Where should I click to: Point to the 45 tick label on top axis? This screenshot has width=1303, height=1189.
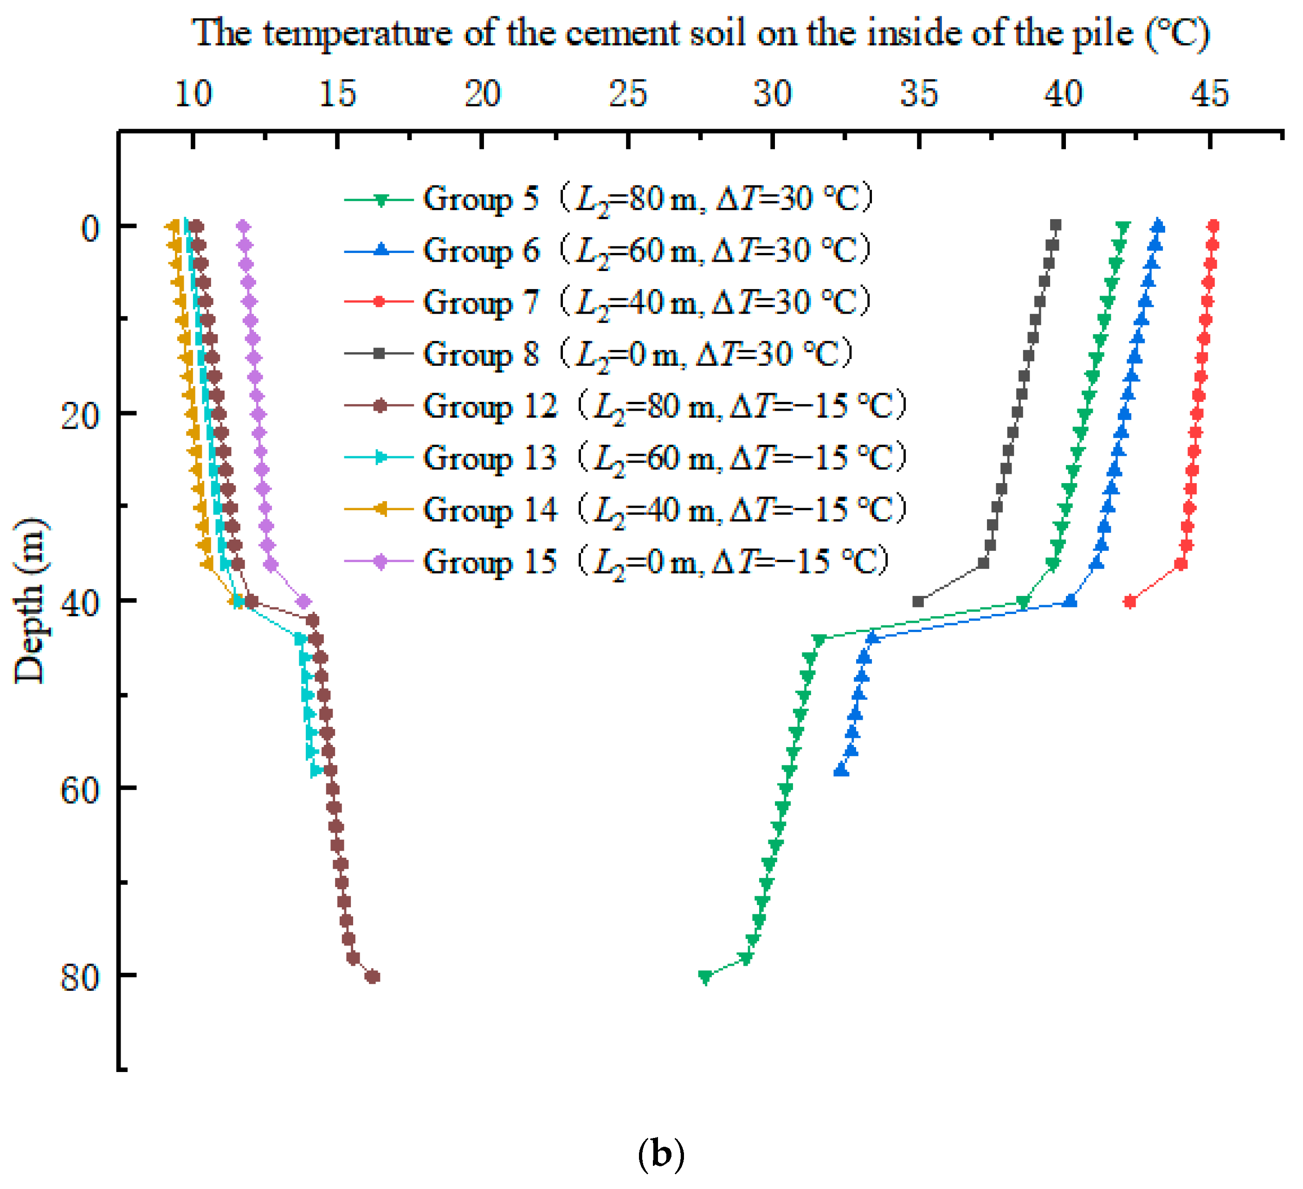tap(1209, 94)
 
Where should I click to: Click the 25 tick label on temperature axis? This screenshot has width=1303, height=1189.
tap(627, 94)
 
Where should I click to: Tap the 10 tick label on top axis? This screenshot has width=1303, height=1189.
tap(193, 94)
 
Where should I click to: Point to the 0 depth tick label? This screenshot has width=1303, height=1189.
tap(90, 227)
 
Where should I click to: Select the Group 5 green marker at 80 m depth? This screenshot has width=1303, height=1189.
tap(705, 976)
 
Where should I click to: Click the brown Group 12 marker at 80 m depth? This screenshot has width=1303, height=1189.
tap(372, 976)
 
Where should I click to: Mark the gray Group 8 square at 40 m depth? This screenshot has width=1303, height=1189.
tap(918, 601)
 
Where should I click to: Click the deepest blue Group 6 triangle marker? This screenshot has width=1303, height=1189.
tap(841, 770)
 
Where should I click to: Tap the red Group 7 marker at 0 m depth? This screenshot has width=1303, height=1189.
tap(1213, 226)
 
